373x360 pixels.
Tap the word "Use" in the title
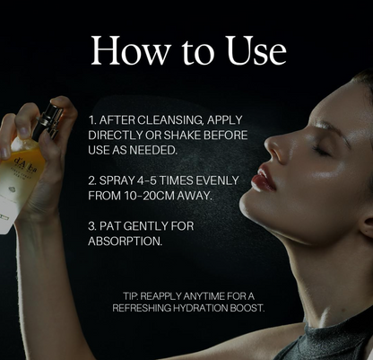(x=256, y=50)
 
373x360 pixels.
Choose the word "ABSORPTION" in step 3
(x=126, y=241)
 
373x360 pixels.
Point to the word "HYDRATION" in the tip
(x=201, y=308)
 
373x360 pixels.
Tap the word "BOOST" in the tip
(x=247, y=308)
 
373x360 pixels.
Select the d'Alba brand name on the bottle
(x=26, y=165)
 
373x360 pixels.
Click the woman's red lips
(x=263, y=179)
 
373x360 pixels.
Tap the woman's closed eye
(x=321, y=150)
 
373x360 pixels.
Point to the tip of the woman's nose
(x=267, y=143)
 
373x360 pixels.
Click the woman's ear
(x=367, y=223)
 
